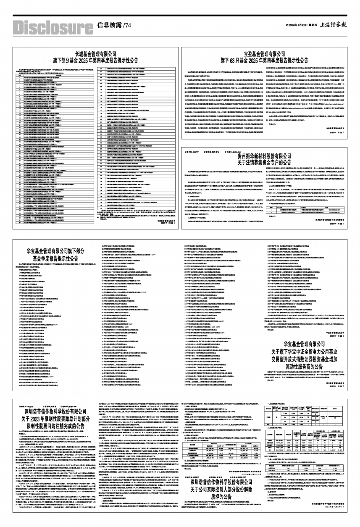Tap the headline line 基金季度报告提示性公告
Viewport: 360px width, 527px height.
(53, 258)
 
